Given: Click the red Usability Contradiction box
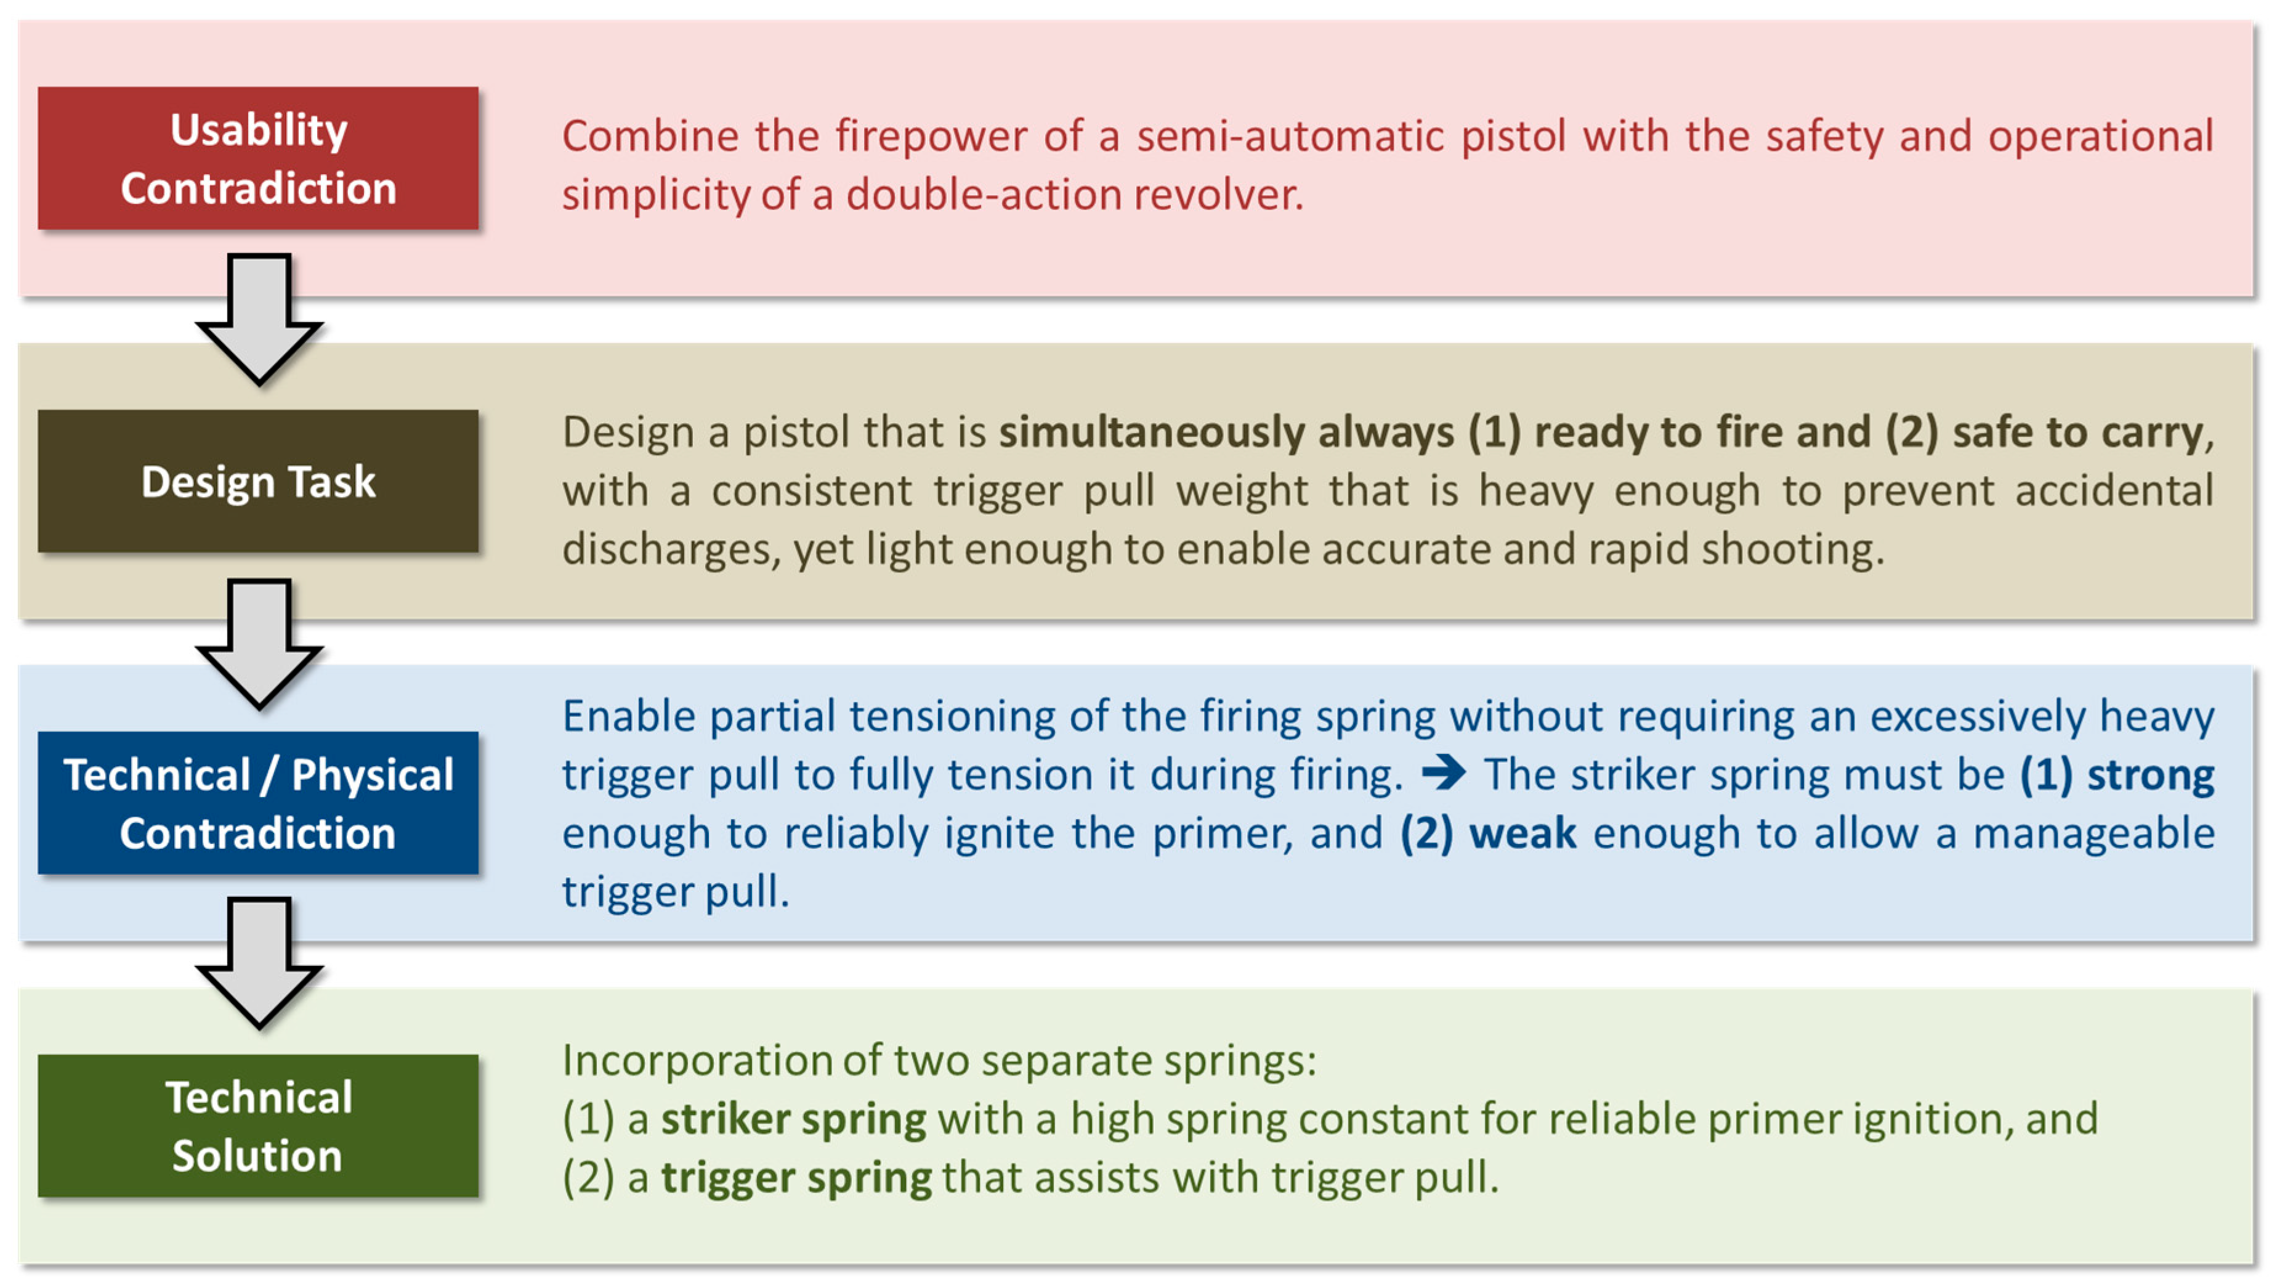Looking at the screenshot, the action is pos(257,158).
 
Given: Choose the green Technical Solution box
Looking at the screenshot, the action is pos(257,1126).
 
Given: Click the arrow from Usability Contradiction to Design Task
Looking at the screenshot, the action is pos(259,318).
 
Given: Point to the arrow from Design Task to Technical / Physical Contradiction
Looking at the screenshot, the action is pos(259,644).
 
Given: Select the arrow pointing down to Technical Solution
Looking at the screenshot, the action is pos(259,963).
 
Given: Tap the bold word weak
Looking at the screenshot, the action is pos(1523,834).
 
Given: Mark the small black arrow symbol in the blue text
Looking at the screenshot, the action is pos(1444,774).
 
